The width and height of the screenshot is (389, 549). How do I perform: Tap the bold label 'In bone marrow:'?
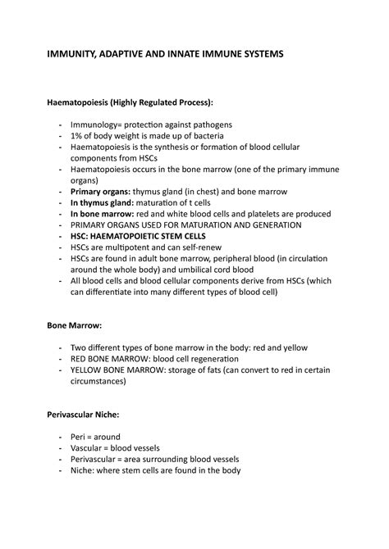pos(100,213)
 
